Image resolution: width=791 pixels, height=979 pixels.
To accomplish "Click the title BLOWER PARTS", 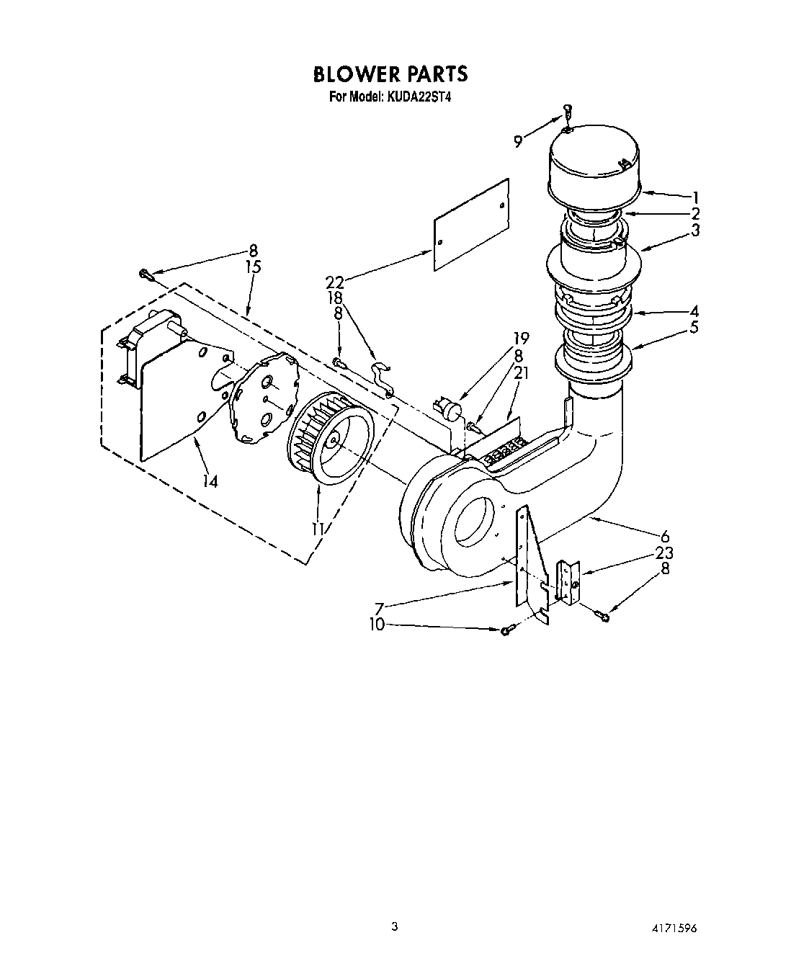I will [x=390, y=74].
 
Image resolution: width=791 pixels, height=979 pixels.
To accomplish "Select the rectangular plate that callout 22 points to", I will [x=471, y=225].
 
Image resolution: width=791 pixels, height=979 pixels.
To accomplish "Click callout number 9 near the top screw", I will [x=518, y=142].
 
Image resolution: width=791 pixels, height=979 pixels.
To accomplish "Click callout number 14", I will [x=210, y=481].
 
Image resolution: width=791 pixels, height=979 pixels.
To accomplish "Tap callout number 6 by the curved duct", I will [x=665, y=536].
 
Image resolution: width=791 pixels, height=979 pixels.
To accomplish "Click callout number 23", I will [x=664, y=553].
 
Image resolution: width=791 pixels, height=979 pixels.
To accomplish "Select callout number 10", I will [x=377, y=625].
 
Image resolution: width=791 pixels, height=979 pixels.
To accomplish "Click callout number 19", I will [x=521, y=338].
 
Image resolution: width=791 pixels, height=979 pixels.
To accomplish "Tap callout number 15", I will [x=253, y=267].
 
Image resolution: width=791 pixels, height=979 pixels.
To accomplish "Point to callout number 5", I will [x=694, y=328].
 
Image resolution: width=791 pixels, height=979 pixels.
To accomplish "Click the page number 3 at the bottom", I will [x=394, y=926].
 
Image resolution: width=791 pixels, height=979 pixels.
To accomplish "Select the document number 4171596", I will [x=675, y=928].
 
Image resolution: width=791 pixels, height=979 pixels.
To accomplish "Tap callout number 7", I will [x=380, y=608].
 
